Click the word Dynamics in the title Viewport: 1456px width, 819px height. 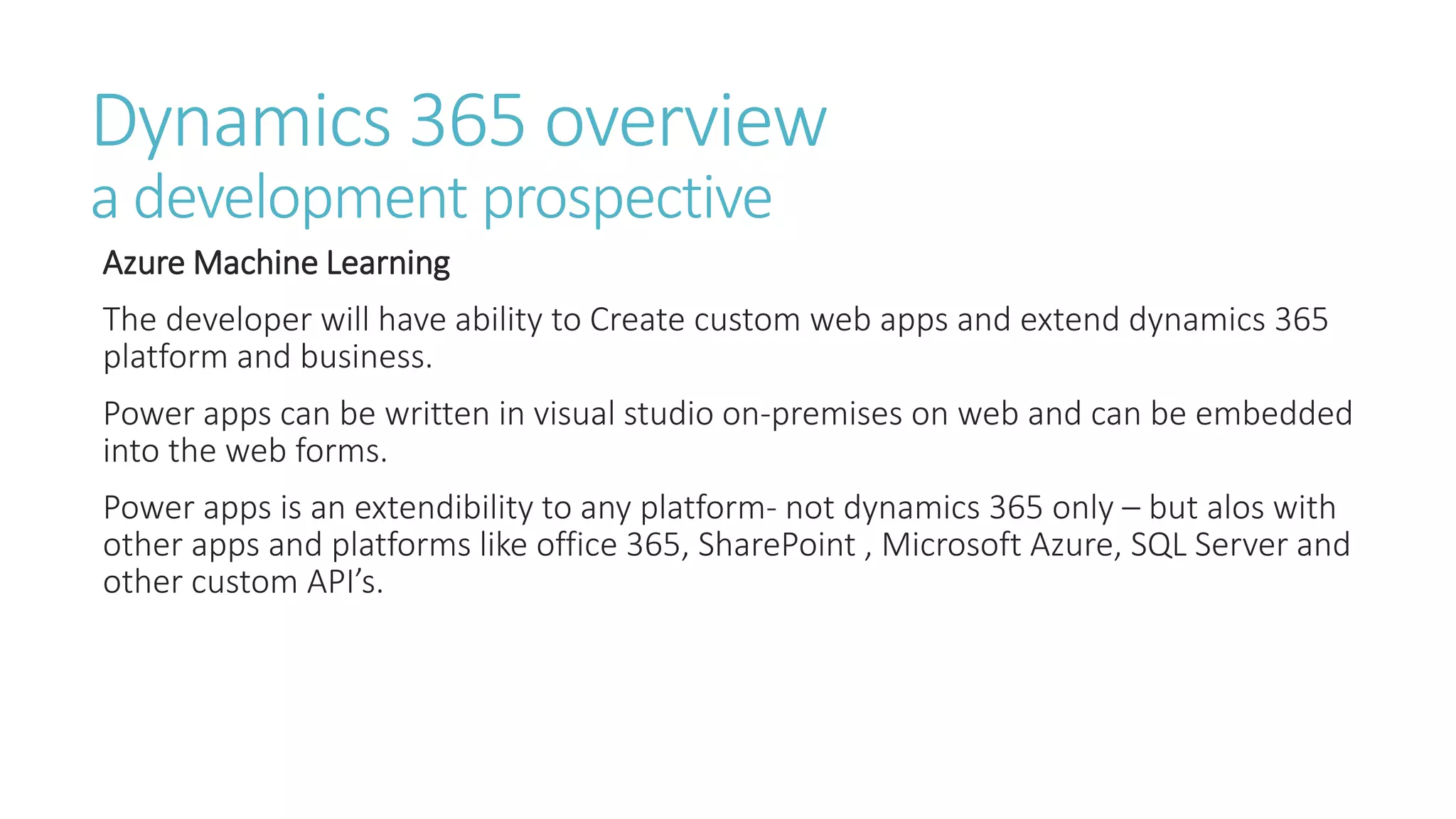click(242, 122)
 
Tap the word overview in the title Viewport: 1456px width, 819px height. click(685, 122)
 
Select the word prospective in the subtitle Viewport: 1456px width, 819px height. click(627, 199)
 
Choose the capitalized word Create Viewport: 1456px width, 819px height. click(636, 319)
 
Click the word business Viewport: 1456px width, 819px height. click(365, 357)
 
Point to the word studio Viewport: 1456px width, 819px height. click(668, 414)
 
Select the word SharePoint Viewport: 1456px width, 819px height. click(777, 545)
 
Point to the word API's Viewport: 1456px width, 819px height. click(345, 582)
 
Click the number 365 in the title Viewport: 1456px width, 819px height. click(468, 122)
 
